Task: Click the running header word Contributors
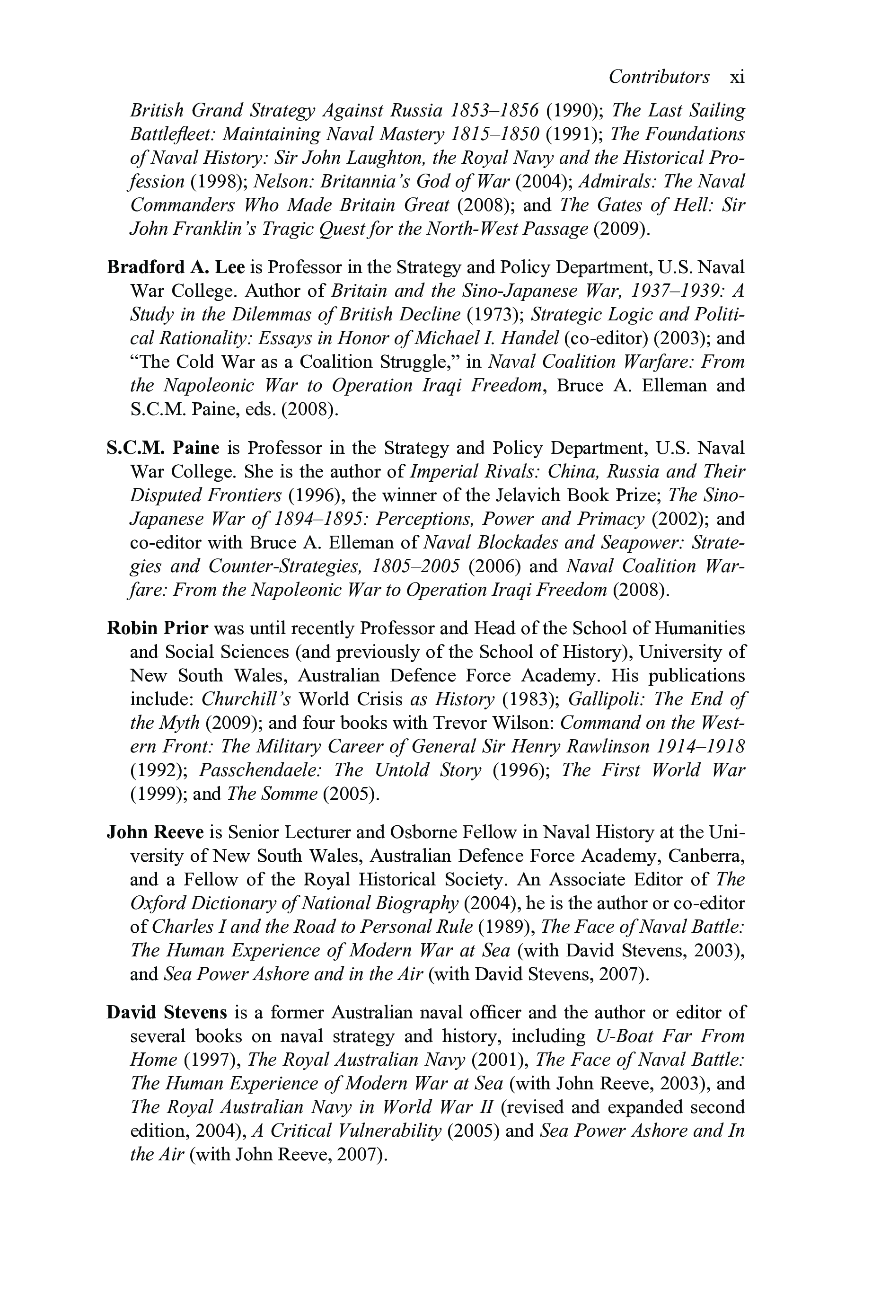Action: coord(659,77)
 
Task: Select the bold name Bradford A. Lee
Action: coord(176,267)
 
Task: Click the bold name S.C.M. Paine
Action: coord(163,448)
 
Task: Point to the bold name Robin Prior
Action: coord(158,628)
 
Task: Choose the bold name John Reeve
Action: coord(156,832)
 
